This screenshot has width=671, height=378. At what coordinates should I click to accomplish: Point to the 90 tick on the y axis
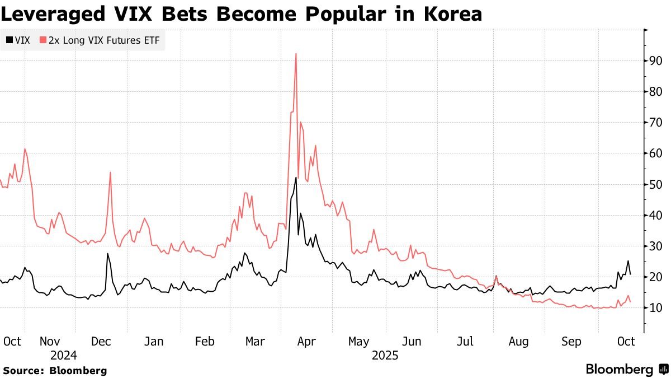tap(655, 61)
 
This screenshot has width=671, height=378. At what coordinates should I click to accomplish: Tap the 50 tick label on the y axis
tap(655, 185)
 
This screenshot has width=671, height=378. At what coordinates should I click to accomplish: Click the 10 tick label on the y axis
tap(655, 308)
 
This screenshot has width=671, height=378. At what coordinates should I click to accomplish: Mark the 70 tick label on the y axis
tap(655, 123)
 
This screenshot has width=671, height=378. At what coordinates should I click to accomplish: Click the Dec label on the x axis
tap(101, 342)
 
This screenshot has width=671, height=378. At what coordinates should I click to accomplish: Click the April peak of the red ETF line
tap(295, 54)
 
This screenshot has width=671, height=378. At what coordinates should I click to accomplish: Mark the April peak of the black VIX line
tap(295, 178)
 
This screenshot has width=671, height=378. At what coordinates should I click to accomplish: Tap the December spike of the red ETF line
tap(110, 172)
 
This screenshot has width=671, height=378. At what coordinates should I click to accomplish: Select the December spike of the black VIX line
tap(107, 254)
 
